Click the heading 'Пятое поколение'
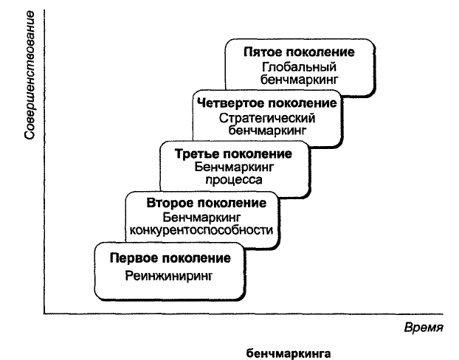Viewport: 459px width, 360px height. [x=299, y=52]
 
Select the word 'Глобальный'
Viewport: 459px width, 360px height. [x=299, y=67]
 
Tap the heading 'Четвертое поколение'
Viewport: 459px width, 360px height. [x=267, y=103]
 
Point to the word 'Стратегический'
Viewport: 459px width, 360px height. [x=267, y=118]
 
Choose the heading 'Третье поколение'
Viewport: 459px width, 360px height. [x=233, y=154]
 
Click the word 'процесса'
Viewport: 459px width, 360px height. [x=234, y=180]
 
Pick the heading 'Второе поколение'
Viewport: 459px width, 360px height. [x=207, y=203]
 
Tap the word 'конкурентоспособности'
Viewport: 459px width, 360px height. [x=201, y=230]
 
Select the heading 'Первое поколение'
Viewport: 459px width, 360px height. [x=170, y=258]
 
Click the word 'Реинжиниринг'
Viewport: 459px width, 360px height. [x=169, y=276]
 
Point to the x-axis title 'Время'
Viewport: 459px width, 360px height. [x=424, y=328]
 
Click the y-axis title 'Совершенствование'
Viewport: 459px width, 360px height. [x=30, y=75]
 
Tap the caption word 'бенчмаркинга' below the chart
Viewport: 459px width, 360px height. [x=289, y=353]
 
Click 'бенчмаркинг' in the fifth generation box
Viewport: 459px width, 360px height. [x=299, y=80]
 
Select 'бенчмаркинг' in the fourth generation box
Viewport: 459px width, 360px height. [x=267, y=131]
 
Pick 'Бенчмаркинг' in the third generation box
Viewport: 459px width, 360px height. [x=234, y=167]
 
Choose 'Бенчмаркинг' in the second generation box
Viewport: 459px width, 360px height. [x=201, y=218]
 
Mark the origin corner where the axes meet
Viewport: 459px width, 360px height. [x=44, y=314]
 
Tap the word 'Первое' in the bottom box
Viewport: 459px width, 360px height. [x=134, y=258]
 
